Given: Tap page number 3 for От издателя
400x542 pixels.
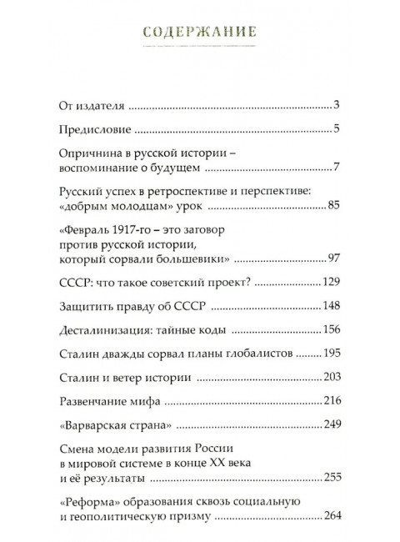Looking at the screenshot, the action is tap(332, 106).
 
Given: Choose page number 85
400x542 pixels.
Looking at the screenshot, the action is tap(329, 205).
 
